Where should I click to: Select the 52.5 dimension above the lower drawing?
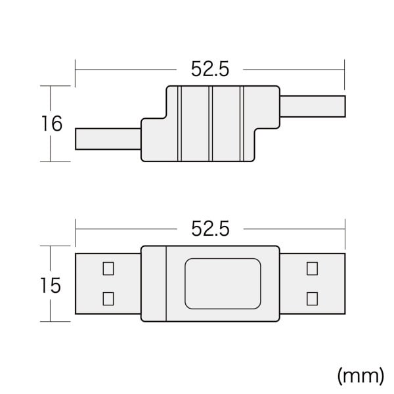click(x=209, y=229)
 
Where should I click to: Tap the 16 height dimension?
click(x=51, y=123)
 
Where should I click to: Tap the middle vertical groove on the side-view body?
click(x=210, y=123)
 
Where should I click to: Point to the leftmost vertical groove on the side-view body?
click(x=178, y=123)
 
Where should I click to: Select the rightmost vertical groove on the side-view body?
click(x=242, y=123)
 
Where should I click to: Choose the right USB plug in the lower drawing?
click(x=312, y=284)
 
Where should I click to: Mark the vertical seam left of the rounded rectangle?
click(x=167, y=284)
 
